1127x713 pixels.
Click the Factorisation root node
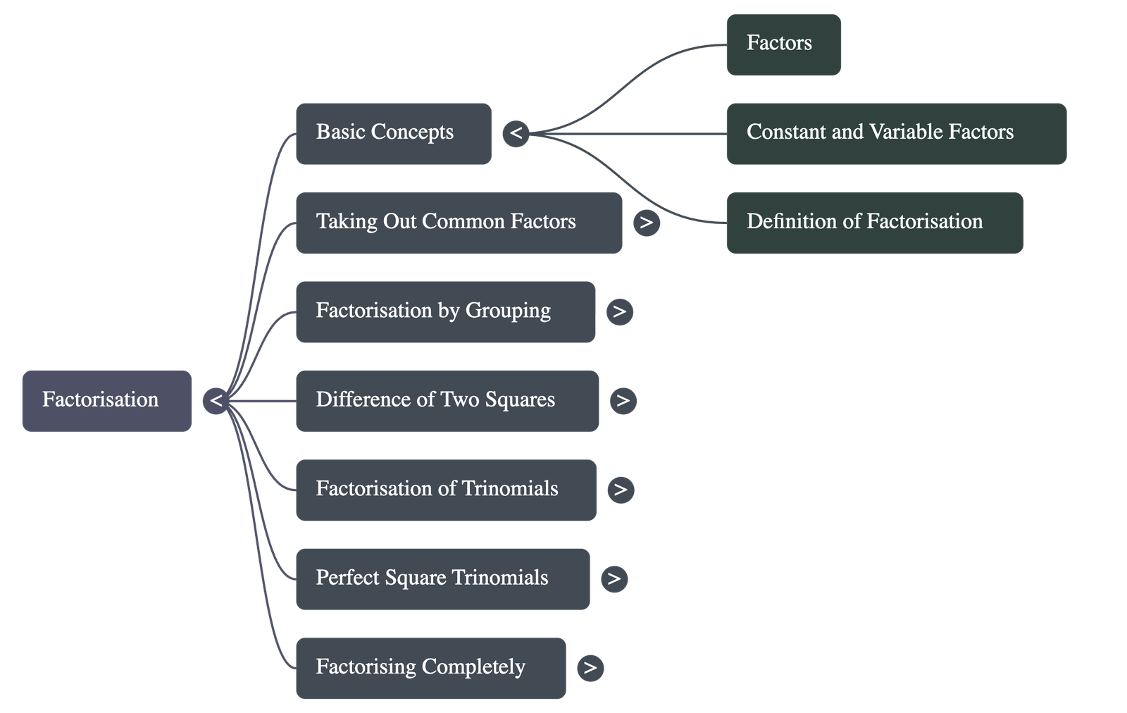(106, 400)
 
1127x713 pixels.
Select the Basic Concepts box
(393, 133)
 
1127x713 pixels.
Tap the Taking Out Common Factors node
(459, 223)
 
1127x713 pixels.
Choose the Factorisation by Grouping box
(445, 311)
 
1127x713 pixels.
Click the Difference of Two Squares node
(447, 400)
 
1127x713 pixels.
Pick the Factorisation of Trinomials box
(446, 490)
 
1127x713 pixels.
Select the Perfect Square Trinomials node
(442, 578)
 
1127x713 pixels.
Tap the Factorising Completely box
(430, 668)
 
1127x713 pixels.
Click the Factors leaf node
(783, 44)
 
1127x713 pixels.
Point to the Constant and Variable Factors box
(896, 133)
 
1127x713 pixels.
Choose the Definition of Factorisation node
(874, 223)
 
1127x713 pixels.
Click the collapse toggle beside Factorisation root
(216, 401)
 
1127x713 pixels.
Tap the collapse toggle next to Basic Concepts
(516, 133)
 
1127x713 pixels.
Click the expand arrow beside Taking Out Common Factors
(646, 223)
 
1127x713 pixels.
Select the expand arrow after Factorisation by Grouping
(619, 311)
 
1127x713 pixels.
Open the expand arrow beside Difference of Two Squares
(623, 400)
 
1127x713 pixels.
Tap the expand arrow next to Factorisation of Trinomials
(620, 490)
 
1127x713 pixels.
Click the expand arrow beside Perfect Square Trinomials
(614, 578)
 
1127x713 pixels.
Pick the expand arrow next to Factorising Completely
(590, 668)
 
